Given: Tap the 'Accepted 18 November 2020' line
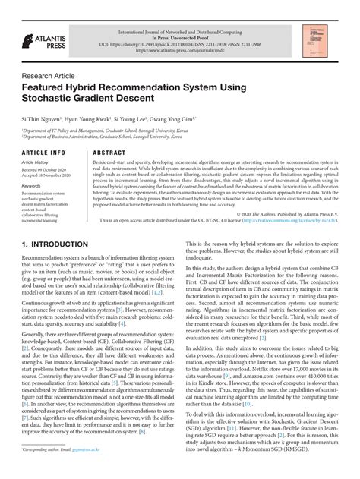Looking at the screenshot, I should (x=49, y=176).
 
